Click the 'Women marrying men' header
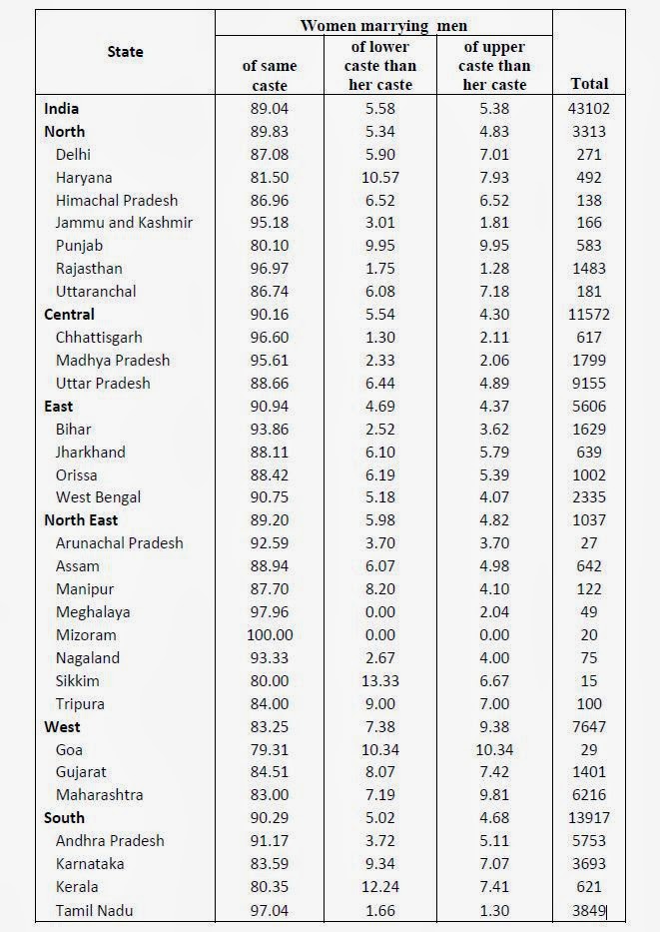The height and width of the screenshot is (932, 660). click(x=383, y=24)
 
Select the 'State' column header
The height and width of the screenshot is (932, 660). click(x=125, y=52)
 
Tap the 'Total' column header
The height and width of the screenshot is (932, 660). click(x=588, y=84)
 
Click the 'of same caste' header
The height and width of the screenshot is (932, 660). click(x=270, y=75)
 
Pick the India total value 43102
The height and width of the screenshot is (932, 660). click(x=588, y=108)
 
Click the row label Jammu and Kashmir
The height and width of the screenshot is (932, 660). click(x=124, y=223)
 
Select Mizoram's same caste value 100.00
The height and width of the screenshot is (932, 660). click(x=270, y=635)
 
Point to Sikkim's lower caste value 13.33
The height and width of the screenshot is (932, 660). click(x=380, y=681)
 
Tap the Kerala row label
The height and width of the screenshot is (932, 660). click(x=77, y=887)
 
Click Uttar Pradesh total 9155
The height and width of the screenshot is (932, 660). click(x=588, y=384)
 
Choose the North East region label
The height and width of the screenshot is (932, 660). click(x=81, y=520)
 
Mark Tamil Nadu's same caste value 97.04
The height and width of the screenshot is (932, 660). click(x=270, y=910)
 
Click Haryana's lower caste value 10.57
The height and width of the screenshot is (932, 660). click(x=380, y=177)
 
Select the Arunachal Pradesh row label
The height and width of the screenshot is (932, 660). click(x=119, y=543)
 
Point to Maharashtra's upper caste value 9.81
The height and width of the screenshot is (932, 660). click(x=493, y=795)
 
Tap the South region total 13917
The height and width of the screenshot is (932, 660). click(x=588, y=818)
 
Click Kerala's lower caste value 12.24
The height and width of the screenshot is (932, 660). click(x=380, y=887)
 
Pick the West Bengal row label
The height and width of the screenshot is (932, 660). click(x=98, y=497)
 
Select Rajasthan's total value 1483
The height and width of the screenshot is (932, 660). click(x=588, y=269)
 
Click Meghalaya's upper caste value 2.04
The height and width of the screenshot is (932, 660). click(x=493, y=612)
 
